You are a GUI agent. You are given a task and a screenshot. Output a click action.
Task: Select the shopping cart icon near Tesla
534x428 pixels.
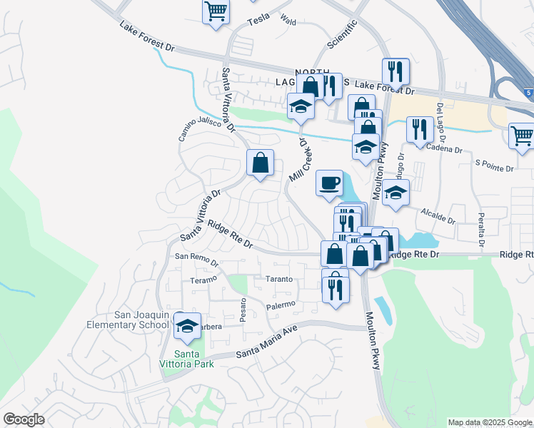coord(216,11)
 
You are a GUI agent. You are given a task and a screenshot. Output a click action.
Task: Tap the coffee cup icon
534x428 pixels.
coord(329,183)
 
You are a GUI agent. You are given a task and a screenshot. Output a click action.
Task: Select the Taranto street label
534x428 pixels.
coord(279,279)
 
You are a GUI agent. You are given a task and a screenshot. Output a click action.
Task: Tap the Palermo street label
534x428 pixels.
coord(281,305)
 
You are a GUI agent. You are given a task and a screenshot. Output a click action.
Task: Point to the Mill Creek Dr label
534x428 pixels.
coord(301,159)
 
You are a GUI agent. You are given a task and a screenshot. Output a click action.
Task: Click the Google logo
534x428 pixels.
coord(24,419)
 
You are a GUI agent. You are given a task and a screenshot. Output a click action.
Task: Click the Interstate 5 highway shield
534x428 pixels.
coord(526,93)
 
